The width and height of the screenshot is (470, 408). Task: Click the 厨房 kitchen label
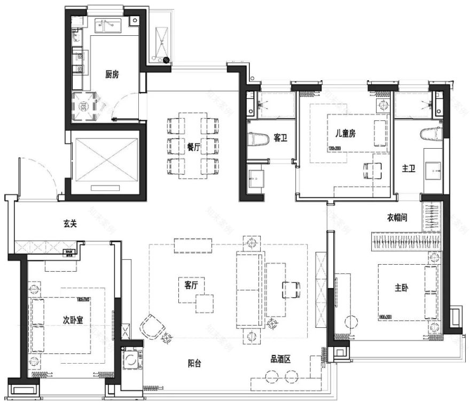click(112, 74)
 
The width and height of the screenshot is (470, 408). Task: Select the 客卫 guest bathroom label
click(280, 138)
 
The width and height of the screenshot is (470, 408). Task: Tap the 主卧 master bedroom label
click(402, 288)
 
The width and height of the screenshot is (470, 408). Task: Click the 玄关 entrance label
click(70, 224)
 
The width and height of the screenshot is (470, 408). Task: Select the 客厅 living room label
click(191, 286)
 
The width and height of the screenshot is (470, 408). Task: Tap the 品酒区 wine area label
click(280, 359)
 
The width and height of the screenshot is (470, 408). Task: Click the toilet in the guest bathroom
click(258, 138)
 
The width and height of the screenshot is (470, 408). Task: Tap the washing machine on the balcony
click(130, 359)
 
